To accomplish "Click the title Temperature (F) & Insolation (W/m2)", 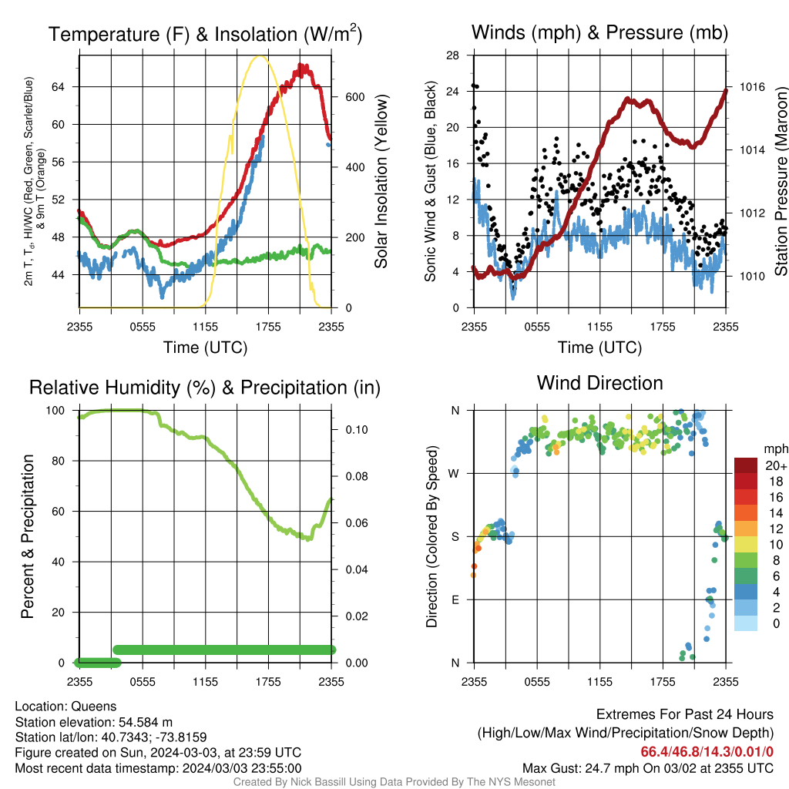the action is pyautogui.click(x=205, y=34).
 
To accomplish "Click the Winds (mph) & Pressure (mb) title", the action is pyautogui.click(x=599, y=32).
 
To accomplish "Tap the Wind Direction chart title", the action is pyautogui.click(x=599, y=383).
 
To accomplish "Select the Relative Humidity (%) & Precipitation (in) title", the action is pyautogui.click(x=205, y=388).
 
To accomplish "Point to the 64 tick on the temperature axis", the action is pyautogui.click(x=59, y=87).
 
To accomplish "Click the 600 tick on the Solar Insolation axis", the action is pyautogui.click(x=354, y=97).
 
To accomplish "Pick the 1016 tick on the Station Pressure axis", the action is pyautogui.click(x=752, y=87).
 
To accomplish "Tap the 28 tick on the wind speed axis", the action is pyautogui.click(x=452, y=55).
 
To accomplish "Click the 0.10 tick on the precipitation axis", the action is pyautogui.click(x=357, y=430).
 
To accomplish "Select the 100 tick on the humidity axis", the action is pyautogui.click(x=55, y=410).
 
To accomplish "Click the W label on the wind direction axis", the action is pyautogui.click(x=454, y=474).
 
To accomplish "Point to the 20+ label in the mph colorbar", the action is pyautogui.click(x=776, y=465).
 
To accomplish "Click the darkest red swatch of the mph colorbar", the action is pyautogui.click(x=746, y=465).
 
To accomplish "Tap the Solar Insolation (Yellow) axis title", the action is pyautogui.click(x=381, y=181).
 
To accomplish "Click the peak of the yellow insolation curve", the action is pyautogui.click(x=259, y=56).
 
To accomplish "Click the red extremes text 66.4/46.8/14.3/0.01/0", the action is pyautogui.click(x=707, y=752).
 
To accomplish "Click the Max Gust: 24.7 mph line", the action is pyautogui.click(x=648, y=768).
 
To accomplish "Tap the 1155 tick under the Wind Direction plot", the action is pyautogui.click(x=599, y=682).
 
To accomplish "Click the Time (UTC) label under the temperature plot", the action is pyautogui.click(x=205, y=347).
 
